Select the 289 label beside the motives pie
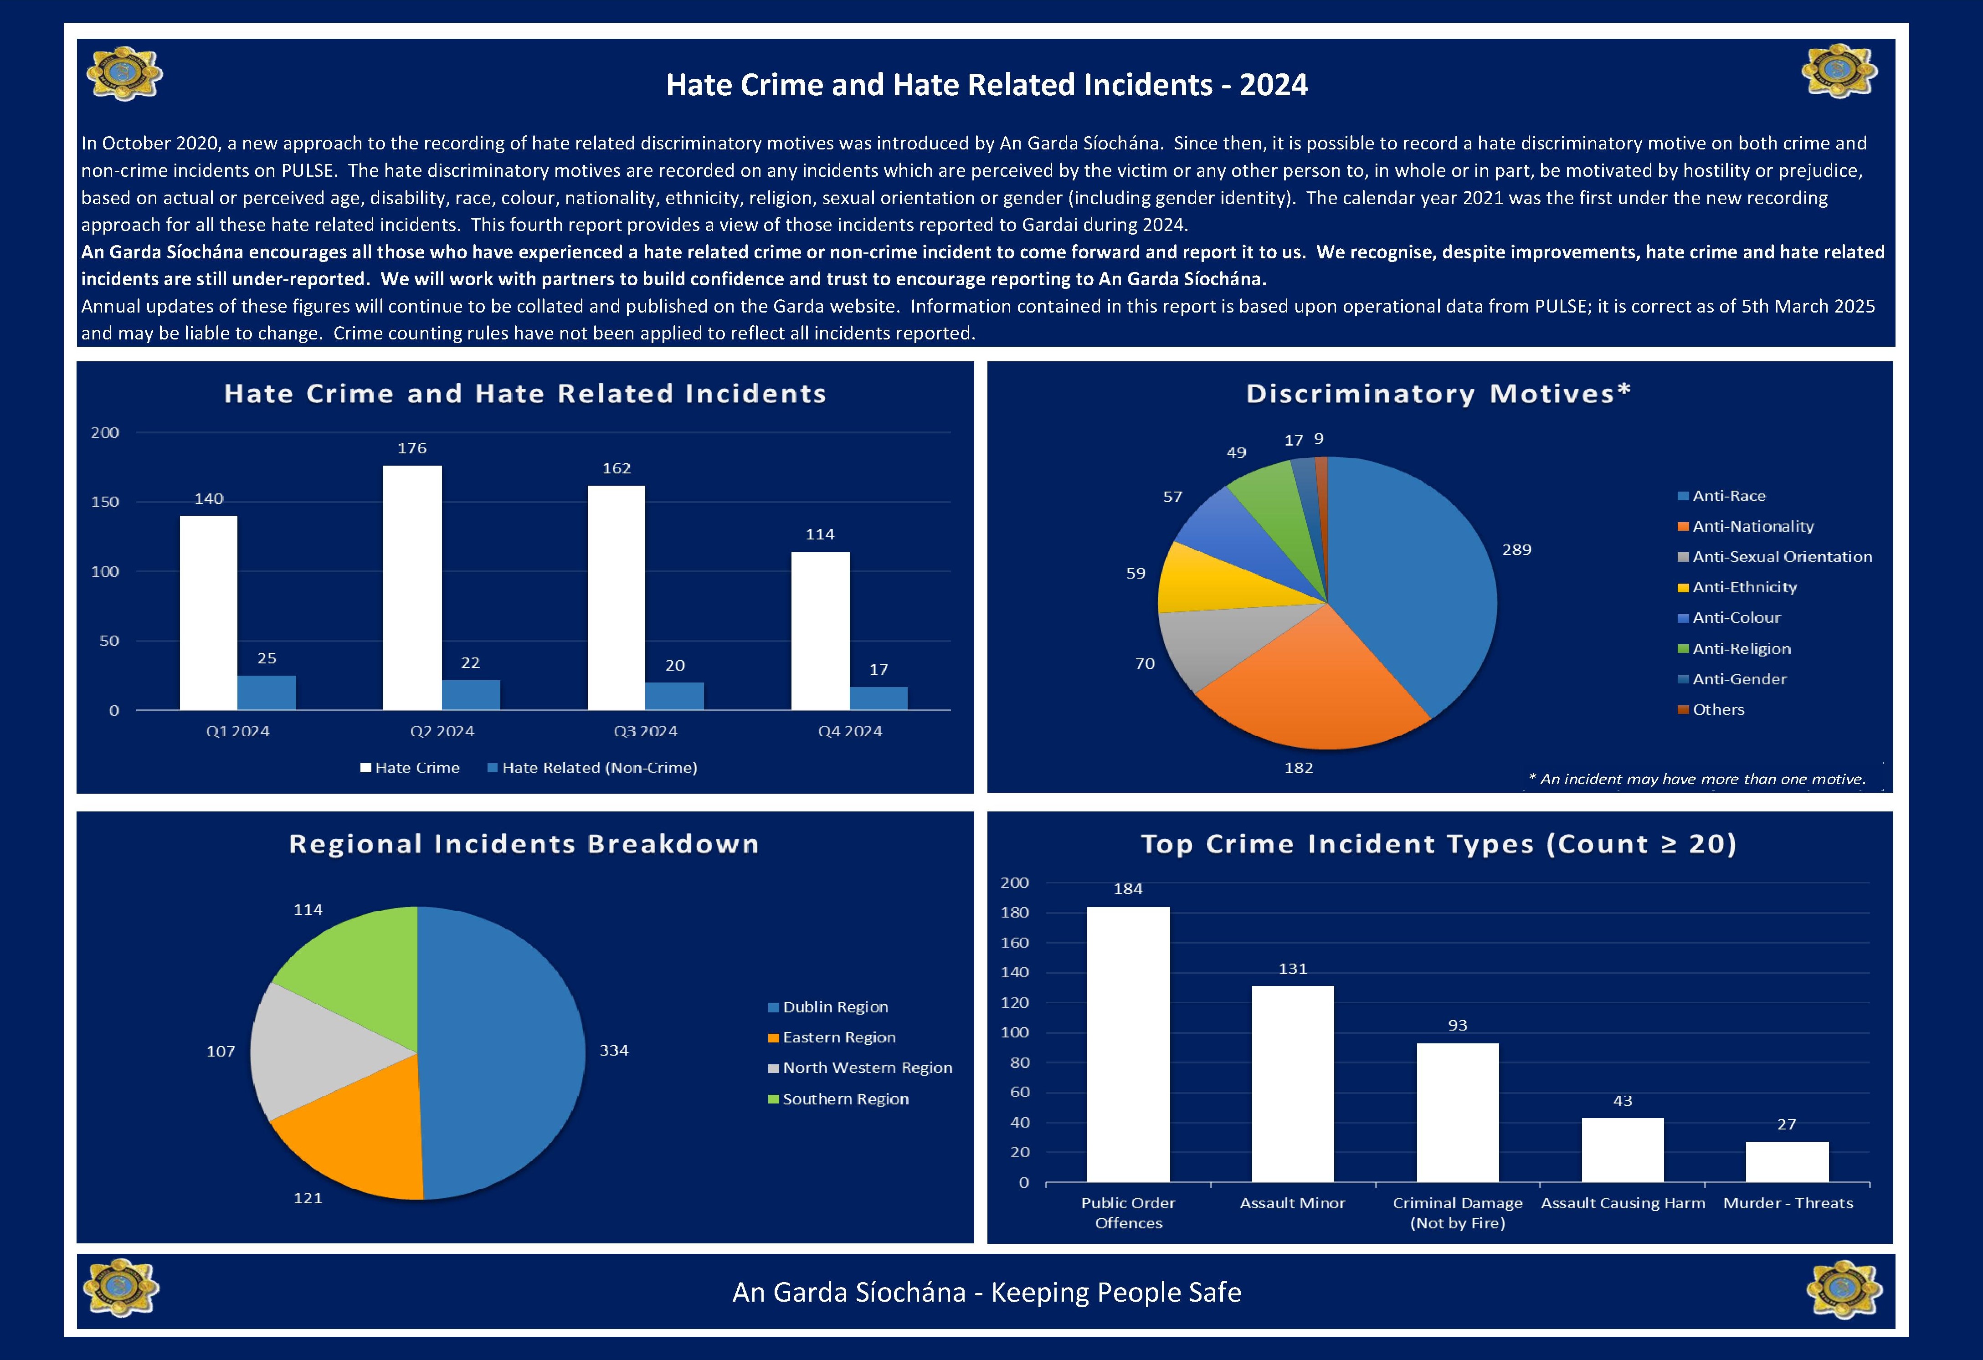[1516, 549]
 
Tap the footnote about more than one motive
[1696, 779]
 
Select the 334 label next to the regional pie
[613, 1050]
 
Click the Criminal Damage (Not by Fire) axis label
[1457, 1212]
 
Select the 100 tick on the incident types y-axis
[1015, 1032]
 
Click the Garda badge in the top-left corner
[124, 74]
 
